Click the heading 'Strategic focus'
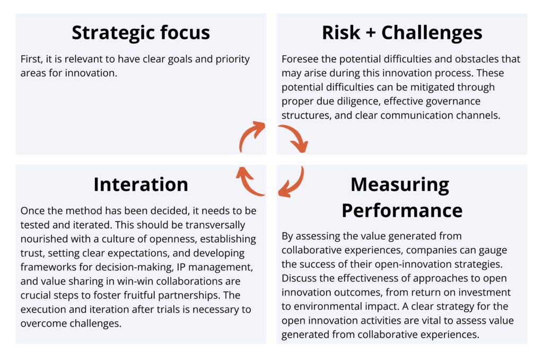pyautogui.click(x=141, y=33)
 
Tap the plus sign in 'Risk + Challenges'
pyautogui.click(x=370, y=32)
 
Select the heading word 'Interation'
pyautogui.click(x=141, y=184)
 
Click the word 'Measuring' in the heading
pyautogui.click(x=400, y=185)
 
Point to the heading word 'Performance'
pyautogui.click(x=402, y=210)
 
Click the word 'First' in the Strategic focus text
pyautogui.click(x=31, y=59)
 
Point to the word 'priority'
pyautogui.click(x=232, y=59)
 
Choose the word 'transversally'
pyautogui.click(x=215, y=225)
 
